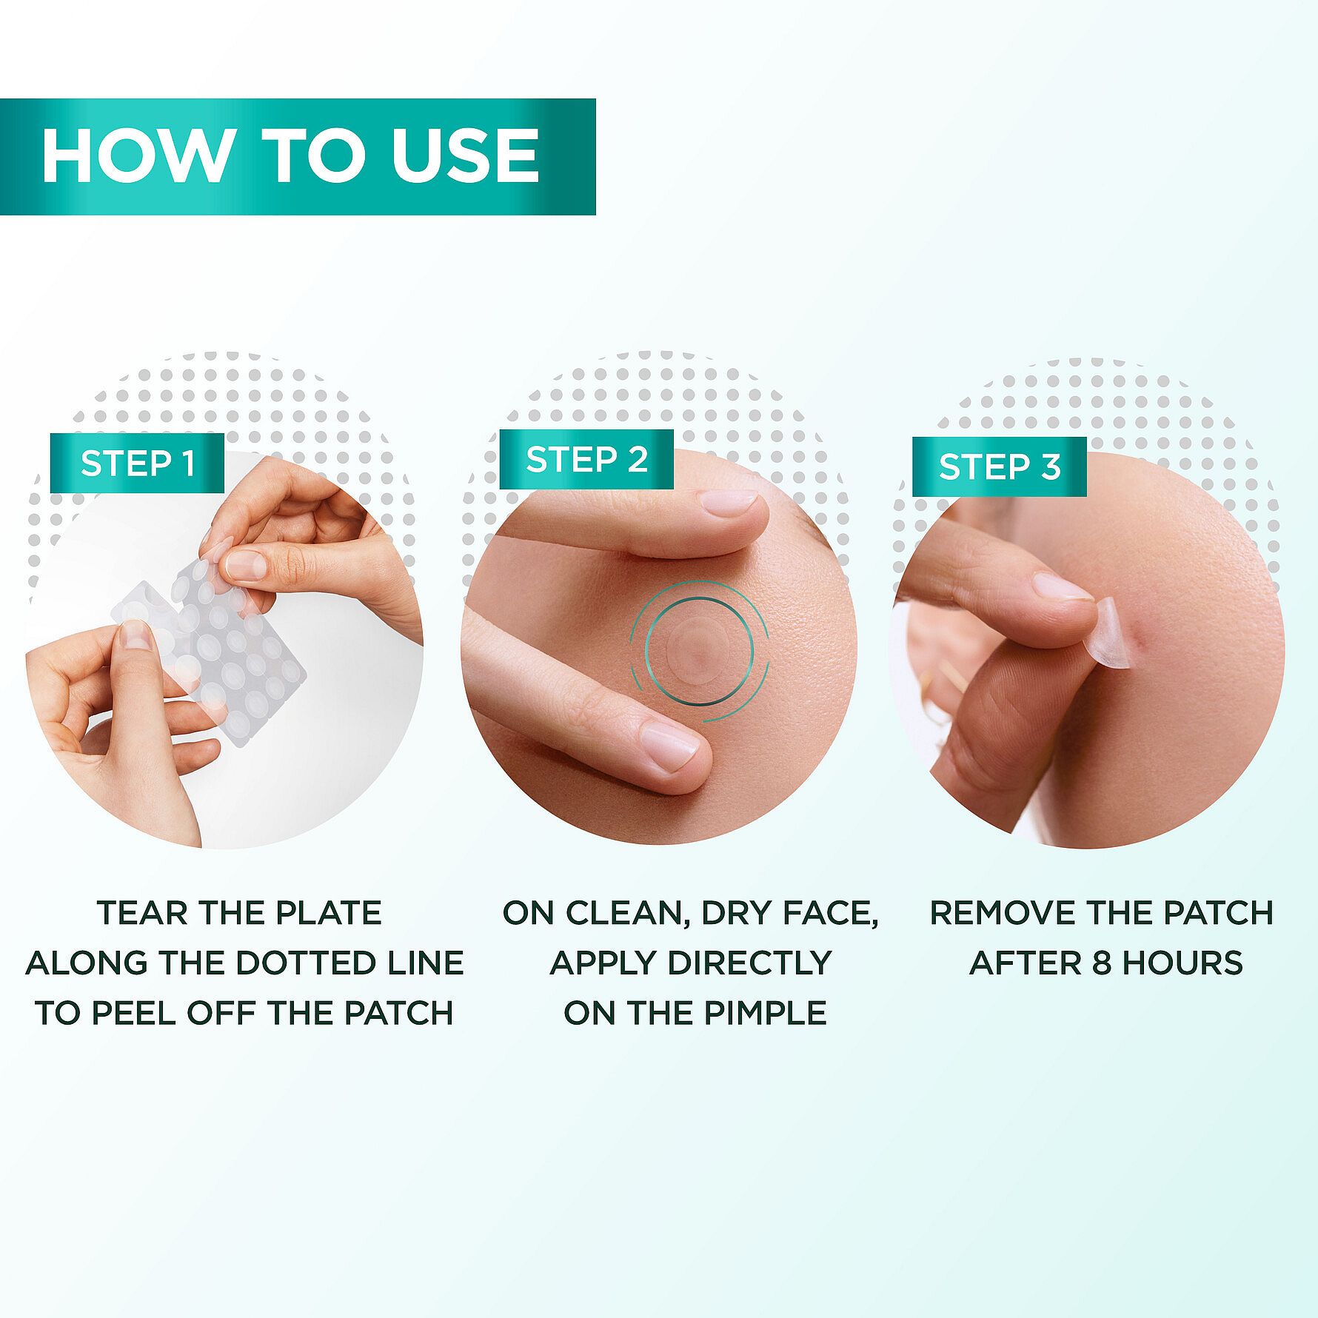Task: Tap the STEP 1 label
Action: pyautogui.click(x=138, y=464)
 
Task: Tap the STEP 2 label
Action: pyautogui.click(x=586, y=460)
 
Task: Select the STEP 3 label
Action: pyautogui.click(x=1000, y=466)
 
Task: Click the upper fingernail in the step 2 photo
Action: pyautogui.click(x=729, y=507)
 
